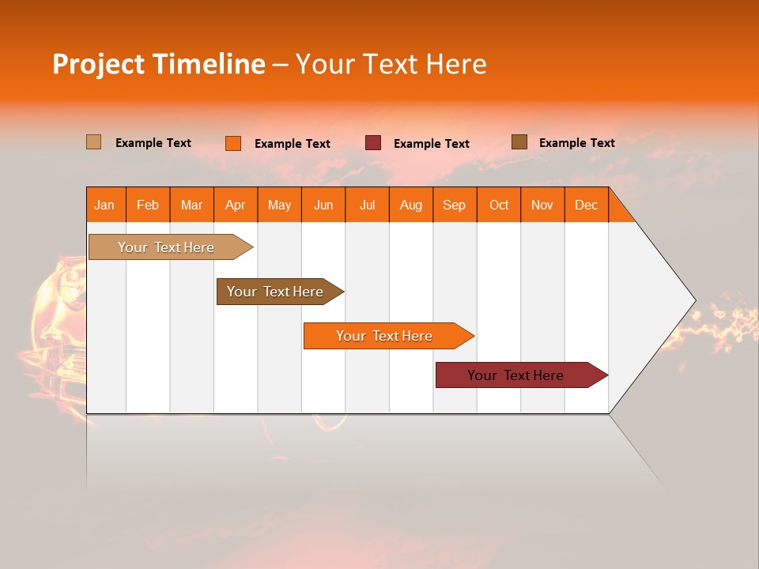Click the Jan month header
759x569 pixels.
click(105, 205)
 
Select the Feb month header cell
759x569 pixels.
click(148, 205)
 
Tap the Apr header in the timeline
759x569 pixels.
click(236, 205)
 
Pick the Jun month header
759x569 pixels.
click(323, 205)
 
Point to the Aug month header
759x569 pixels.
click(411, 205)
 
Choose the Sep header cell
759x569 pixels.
click(455, 205)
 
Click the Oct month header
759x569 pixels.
click(499, 205)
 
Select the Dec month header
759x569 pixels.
click(587, 205)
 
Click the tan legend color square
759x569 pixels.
click(94, 142)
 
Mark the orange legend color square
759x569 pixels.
click(233, 143)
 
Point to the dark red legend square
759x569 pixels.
click(373, 143)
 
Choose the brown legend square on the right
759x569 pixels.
click(519, 142)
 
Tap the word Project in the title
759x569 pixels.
click(99, 64)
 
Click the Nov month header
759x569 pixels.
click(542, 205)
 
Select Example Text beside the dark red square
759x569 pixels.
click(432, 144)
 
